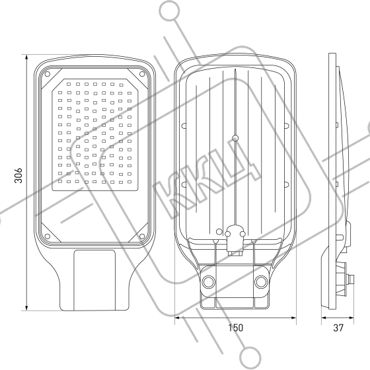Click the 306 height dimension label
click(18, 175)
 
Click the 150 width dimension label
click(235, 328)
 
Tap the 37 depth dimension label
click(338, 328)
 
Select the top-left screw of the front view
click(47, 74)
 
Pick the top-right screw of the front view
click(142, 74)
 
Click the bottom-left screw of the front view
click(47, 236)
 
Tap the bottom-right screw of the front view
click(142, 236)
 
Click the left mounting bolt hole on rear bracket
click(209, 281)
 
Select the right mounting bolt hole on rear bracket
click(261, 281)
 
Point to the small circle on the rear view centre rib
click(235, 138)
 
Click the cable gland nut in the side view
click(350, 280)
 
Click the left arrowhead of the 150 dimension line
click(178, 318)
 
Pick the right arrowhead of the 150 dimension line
click(293, 318)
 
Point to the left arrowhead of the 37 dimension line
click(324, 318)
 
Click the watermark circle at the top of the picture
click(169, 11)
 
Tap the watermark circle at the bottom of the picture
click(250, 357)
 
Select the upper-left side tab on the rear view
click(184, 126)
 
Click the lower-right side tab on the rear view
click(287, 184)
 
